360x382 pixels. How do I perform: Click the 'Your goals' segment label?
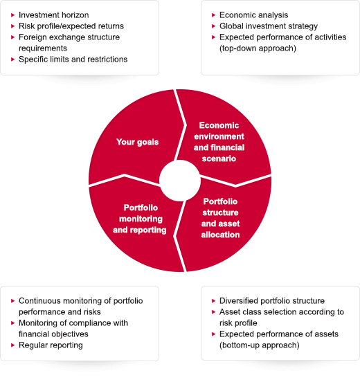click(138, 142)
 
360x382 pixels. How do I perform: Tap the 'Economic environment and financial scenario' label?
click(219, 142)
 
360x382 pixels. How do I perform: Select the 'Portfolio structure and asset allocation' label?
click(220, 218)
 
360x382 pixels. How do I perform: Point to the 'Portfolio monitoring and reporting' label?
click(140, 219)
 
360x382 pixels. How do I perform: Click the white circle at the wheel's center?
click(180, 181)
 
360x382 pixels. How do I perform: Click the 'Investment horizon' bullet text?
click(53, 15)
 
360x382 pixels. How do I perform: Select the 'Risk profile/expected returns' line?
click(71, 26)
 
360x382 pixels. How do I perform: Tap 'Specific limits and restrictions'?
click(73, 60)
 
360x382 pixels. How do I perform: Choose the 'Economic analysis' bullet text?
click(253, 15)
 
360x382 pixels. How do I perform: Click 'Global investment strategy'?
click(269, 26)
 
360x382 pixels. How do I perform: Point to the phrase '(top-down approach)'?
click(258, 48)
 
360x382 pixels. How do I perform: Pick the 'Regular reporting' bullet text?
click(51, 345)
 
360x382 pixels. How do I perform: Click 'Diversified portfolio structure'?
click(272, 301)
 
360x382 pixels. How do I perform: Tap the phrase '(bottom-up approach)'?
click(260, 345)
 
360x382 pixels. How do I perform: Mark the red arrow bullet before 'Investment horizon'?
click(13, 15)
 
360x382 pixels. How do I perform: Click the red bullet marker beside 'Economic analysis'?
click(214, 15)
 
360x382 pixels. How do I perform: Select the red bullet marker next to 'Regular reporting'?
click(13, 345)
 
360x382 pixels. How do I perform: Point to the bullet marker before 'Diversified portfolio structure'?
click(214, 301)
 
